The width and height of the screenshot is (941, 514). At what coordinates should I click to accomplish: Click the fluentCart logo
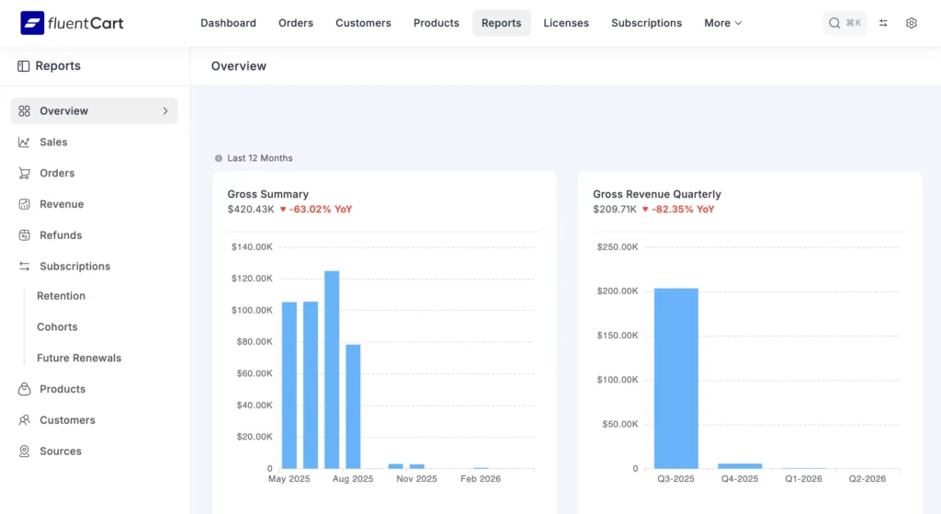(72, 23)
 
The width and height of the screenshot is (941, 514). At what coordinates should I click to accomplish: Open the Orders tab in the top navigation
(296, 23)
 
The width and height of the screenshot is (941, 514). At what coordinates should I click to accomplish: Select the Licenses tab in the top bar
(566, 23)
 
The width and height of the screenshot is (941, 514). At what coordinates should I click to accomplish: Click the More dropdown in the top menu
(723, 23)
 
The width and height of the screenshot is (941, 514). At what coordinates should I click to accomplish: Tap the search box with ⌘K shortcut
(845, 23)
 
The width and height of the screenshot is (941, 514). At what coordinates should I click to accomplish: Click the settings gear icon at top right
(911, 23)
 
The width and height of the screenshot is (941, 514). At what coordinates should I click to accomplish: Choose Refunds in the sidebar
(61, 235)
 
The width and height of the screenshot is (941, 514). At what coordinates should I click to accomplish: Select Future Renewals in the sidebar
(79, 359)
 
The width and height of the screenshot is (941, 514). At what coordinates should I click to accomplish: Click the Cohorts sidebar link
(57, 327)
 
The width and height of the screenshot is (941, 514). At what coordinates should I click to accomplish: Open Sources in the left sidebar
(61, 451)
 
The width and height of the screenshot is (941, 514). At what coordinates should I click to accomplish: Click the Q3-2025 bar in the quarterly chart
(675, 378)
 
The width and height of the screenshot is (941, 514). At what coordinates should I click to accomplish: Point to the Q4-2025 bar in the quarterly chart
(740, 465)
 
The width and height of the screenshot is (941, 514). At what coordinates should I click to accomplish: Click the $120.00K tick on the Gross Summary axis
(250, 279)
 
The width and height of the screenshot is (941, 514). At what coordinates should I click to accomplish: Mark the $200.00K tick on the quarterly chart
(618, 291)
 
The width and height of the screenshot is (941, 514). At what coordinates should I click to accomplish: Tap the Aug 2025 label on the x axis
(353, 479)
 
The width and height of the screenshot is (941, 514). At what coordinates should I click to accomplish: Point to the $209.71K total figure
(614, 210)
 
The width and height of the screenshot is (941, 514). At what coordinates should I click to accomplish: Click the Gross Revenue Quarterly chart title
(657, 194)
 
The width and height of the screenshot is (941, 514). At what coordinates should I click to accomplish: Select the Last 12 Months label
(259, 158)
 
